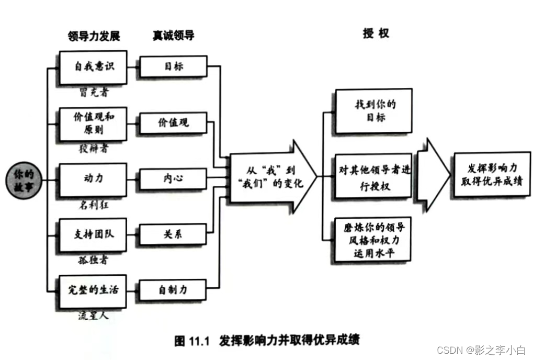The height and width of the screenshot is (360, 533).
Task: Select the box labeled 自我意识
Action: [93, 67]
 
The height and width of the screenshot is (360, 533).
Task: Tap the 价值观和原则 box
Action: [93, 123]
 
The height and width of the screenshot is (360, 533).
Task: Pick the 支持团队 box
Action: [93, 235]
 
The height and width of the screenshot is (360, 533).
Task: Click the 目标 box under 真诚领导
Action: [172, 66]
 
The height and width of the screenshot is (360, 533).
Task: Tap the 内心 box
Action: [172, 179]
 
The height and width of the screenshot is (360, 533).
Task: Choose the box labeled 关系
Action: [172, 234]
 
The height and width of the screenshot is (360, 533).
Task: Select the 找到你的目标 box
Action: [373, 111]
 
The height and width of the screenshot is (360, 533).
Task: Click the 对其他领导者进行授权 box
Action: [373, 176]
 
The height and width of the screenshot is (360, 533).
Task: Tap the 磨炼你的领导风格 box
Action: [373, 239]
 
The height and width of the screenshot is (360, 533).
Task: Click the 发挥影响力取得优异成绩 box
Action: [492, 175]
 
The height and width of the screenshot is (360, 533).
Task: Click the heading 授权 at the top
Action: [376, 33]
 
